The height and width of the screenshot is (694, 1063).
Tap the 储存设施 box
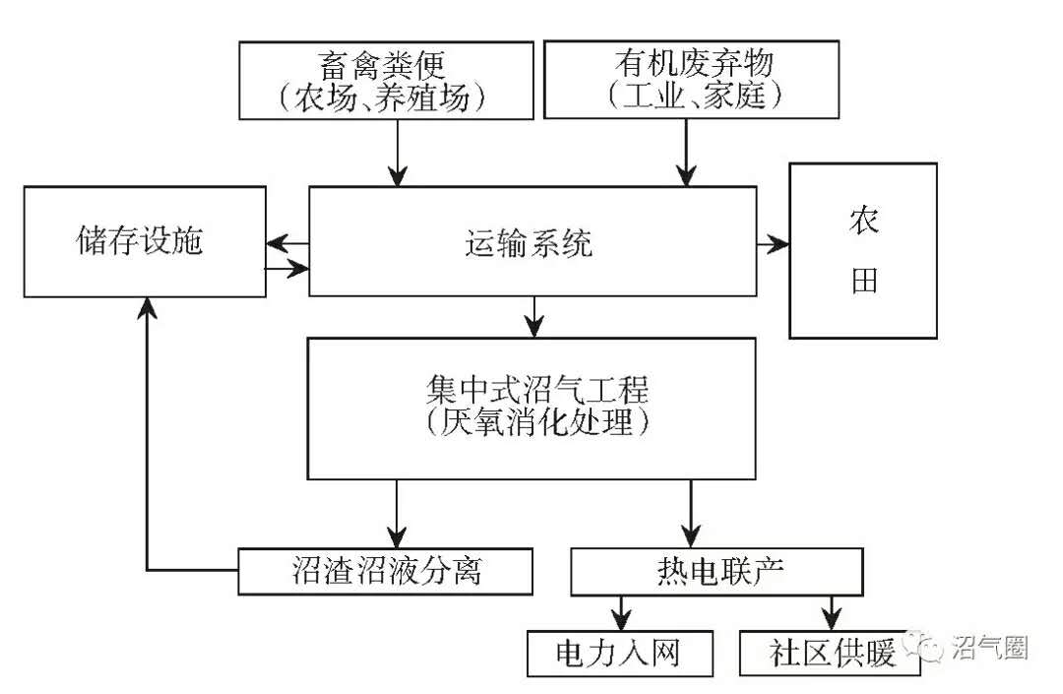(145, 241)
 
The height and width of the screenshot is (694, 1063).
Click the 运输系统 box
(531, 241)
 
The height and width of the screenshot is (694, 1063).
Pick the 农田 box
(863, 251)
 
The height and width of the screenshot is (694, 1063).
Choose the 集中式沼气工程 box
(531, 409)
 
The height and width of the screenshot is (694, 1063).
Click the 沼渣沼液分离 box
(386, 571)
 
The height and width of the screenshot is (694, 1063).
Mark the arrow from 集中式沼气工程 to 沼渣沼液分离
(397, 512)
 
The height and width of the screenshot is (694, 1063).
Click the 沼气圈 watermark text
(989, 647)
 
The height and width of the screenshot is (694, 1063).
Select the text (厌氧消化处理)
(532, 424)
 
